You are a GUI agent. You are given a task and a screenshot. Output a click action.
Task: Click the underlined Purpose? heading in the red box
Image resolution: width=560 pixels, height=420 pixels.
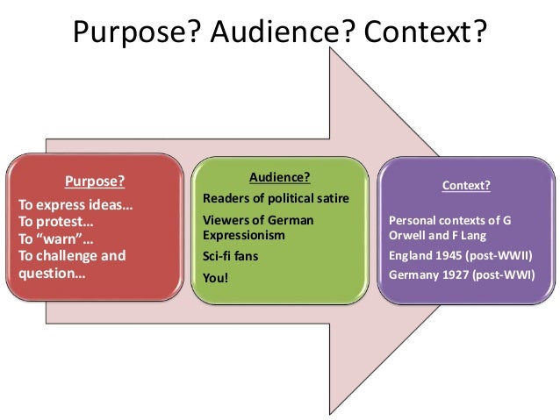coord(95,182)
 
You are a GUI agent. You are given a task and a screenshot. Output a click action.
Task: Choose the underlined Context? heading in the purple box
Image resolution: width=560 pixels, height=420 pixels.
coord(466,186)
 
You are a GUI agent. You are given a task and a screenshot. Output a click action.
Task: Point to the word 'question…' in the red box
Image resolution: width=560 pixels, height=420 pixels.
coord(52,273)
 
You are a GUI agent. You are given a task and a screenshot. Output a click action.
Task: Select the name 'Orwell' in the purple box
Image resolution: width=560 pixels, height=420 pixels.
coord(408,235)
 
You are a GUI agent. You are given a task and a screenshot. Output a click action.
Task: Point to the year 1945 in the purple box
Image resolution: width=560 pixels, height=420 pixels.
coord(449,255)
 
